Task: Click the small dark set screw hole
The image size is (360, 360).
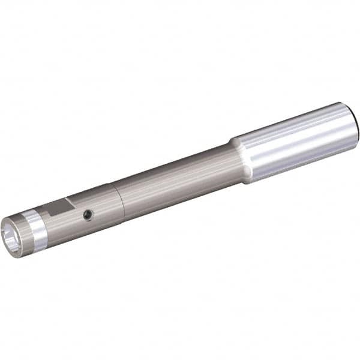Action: click(89, 215)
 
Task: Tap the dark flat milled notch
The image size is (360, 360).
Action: click(60, 208)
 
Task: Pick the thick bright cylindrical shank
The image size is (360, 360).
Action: click(294, 142)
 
